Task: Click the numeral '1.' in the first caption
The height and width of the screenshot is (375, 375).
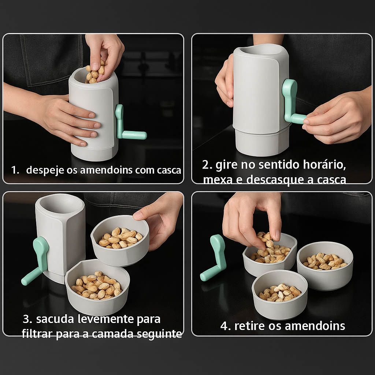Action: [15, 170]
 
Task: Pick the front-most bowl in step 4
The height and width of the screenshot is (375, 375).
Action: [280, 295]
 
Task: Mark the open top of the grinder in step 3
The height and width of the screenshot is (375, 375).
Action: [56, 204]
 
